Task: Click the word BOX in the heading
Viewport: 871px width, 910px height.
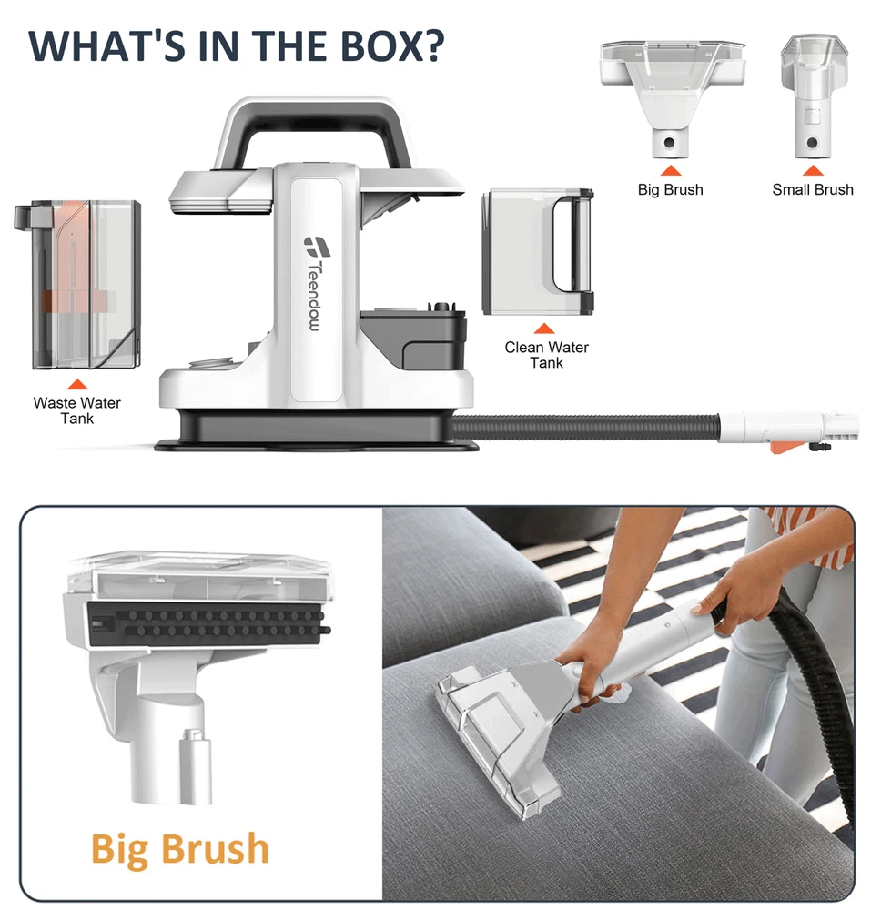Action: [x=391, y=45]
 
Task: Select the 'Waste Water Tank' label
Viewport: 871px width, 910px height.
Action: [x=77, y=410]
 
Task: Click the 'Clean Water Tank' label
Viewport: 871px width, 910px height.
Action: [x=547, y=355]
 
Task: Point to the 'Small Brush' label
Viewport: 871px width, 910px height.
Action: [x=813, y=190]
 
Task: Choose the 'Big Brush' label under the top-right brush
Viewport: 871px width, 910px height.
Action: [x=670, y=190]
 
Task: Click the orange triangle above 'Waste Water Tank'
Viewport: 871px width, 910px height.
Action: [x=77, y=384]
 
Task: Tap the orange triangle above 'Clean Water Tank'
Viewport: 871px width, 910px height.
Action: [x=543, y=329]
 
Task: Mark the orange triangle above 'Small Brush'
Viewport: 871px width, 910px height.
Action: [x=813, y=170]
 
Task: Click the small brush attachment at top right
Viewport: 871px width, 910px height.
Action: [x=814, y=96]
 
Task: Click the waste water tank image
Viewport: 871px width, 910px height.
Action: [x=77, y=284]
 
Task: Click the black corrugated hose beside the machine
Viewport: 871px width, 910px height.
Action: [x=585, y=427]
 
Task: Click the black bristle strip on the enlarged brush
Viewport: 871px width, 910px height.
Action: [x=207, y=624]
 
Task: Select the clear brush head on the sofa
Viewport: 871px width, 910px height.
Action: [x=498, y=737]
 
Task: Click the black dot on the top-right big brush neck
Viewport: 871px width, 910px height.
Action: [x=669, y=142]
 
